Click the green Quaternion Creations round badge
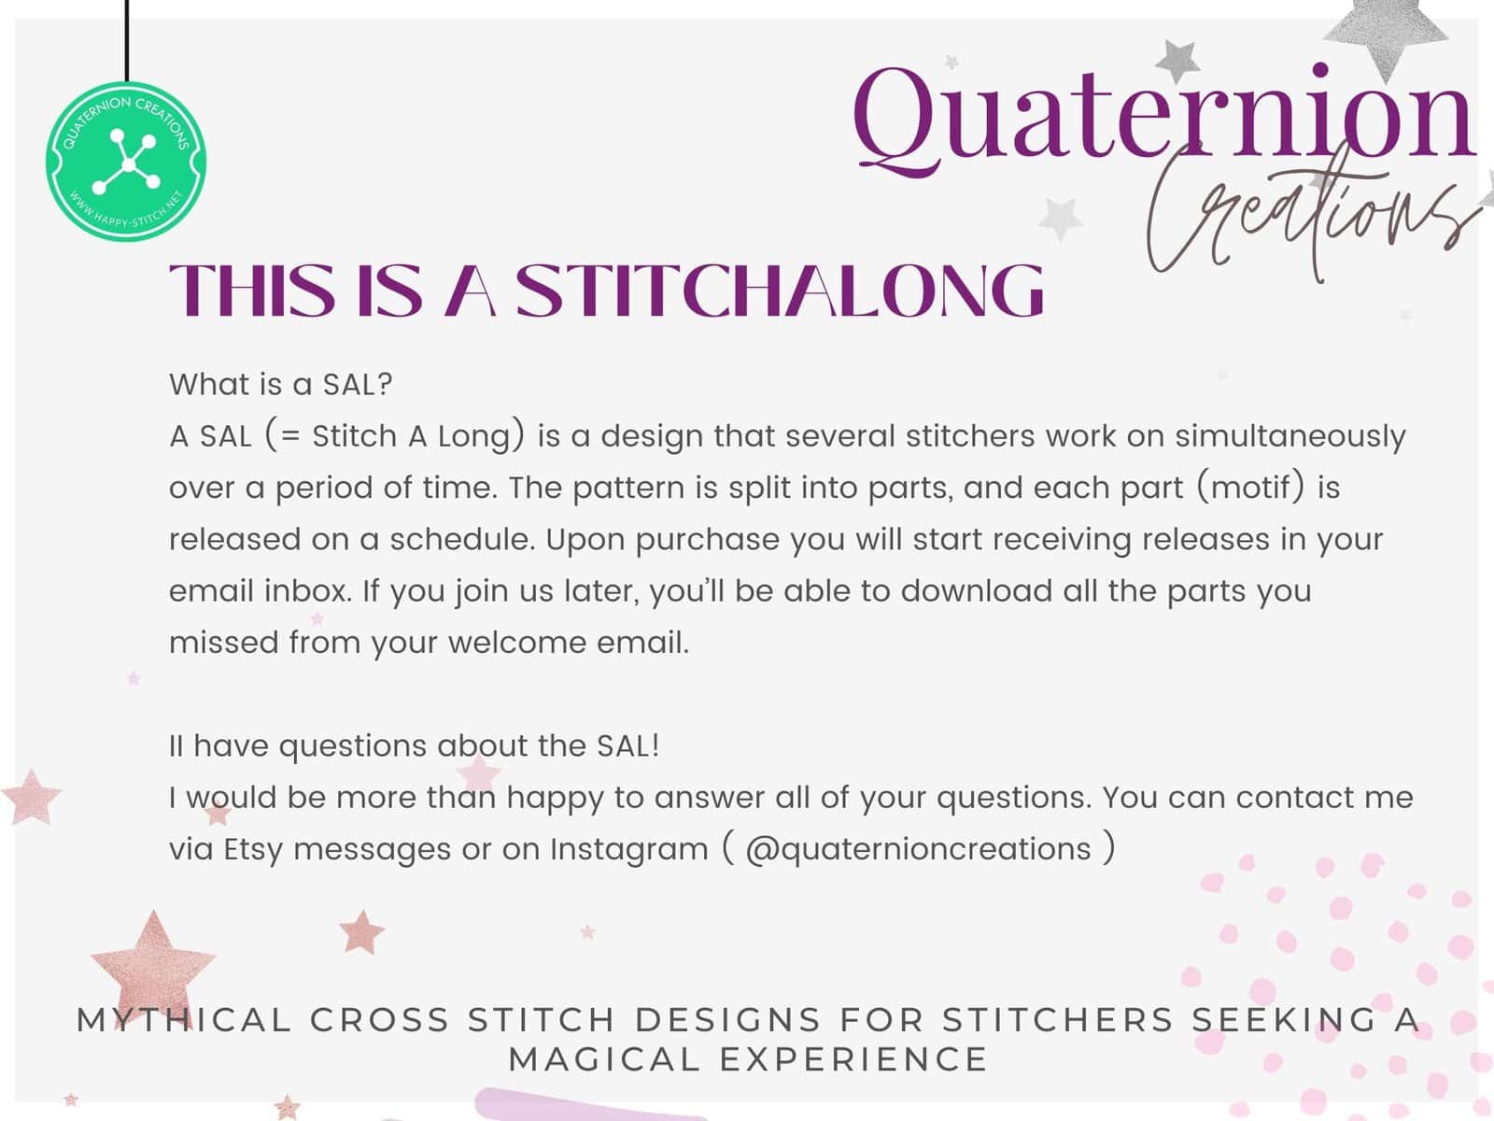click(x=126, y=162)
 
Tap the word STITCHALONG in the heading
click(x=779, y=291)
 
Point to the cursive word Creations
click(x=1310, y=211)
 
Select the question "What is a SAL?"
click(x=281, y=385)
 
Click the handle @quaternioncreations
click(x=918, y=849)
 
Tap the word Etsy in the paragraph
click(x=252, y=850)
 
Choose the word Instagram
click(x=629, y=850)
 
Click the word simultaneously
click(x=1290, y=437)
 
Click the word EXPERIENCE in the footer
click(x=853, y=1059)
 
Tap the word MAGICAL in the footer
click(x=604, y=1059)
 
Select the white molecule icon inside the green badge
click(x=127, y=162)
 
